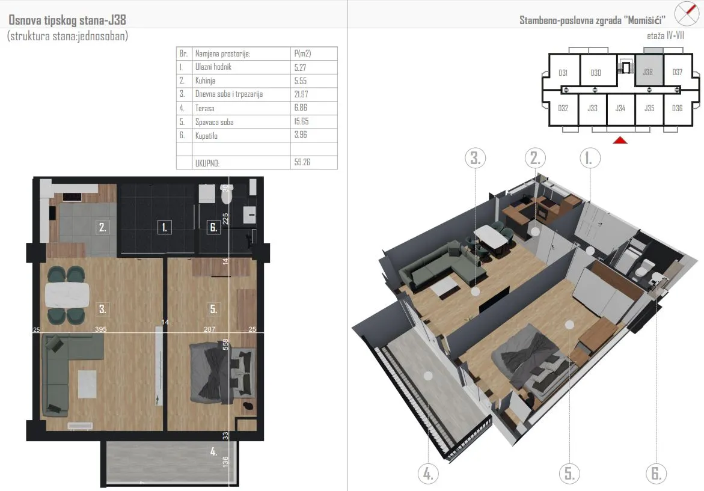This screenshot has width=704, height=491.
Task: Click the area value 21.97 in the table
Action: [x=301, y=94]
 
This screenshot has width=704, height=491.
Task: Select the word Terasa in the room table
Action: [x=205, y=108]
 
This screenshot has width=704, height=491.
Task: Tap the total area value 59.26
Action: [x=302, y=162]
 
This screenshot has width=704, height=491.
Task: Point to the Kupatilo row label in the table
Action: [x=206, y=136]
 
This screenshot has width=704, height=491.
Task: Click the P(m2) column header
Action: [x=302, y=53]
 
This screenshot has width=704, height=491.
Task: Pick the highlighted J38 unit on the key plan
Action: [x=648, y=70]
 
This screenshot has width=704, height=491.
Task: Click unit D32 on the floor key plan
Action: [x=563, y=108]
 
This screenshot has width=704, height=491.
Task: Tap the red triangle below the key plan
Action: [x=620, y=141]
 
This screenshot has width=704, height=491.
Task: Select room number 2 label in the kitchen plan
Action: [x=103, y=227]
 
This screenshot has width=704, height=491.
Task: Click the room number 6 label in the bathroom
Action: [x=213, y=228]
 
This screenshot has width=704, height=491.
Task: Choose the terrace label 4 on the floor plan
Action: [x=213, y=451]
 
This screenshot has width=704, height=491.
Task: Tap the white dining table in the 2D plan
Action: [x=67, y=295]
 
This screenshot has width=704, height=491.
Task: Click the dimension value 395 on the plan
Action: [x=101, y=329]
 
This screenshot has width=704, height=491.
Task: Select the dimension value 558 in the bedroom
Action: [x=225, y=344]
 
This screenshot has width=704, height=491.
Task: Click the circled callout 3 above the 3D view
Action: [x=476, y=158]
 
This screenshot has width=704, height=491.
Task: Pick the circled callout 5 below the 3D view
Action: [x=569, y=474]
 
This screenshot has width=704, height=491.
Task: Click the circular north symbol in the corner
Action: [x=687, y=13]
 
